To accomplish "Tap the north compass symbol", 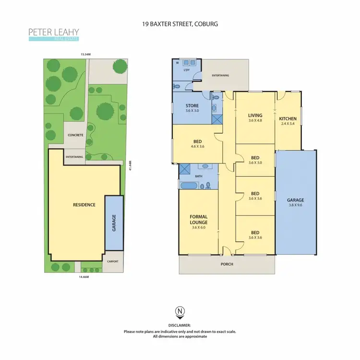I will pyautogui.click(x=180, y=313).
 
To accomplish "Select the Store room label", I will pyautogui.click(x=192, y=108).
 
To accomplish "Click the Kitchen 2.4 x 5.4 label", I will pyautogui.click(x=288, y=121).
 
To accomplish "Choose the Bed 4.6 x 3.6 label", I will pyautogui.click(x=197, y=144).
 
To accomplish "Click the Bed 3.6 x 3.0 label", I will pyautogui.click(x=255, y=160).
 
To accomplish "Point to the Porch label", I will pyautogui.click(x=227, y=264).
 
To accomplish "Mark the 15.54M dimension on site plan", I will pyautogui.click(x=85, y=55).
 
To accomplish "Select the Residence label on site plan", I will pyautogui.click(x=84, y=205).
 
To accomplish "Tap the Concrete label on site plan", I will pyautogui.click(x=75, y=135).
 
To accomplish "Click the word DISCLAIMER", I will pyautogui.click(x=180, y=325).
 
